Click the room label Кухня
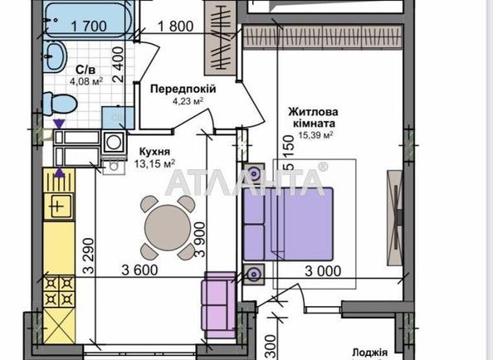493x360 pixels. pyautogui.click(x=155, y=152)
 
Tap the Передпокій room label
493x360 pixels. pyautogui.click(x=182, y=89)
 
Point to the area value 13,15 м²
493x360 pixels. pyautogui.click(x=155, y=163)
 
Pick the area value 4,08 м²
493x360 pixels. pyautogui.click(x=85, y=81)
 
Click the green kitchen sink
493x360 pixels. pyautogui.click(x=59, y=204)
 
